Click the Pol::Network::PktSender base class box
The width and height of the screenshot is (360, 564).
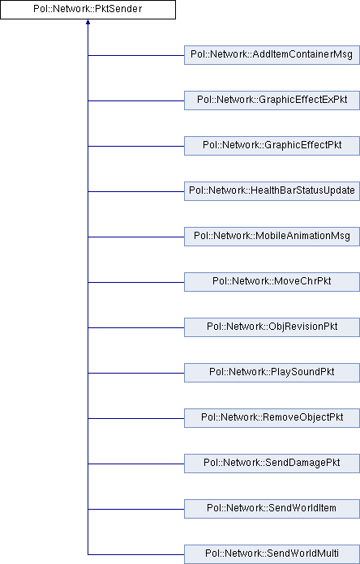click(x=88, y=10)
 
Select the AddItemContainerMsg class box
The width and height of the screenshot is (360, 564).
click(x=272, y=55)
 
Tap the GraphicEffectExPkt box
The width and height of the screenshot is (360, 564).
click(x=272, y=100)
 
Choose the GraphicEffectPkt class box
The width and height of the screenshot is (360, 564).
click(x=272, y=146)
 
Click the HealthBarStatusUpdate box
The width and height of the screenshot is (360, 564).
click(x=272, y=191)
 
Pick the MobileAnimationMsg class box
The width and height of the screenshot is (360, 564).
click(x=272, y=237)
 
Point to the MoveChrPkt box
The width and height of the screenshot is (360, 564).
click(x=272, y=282)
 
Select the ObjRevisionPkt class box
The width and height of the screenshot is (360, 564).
click(x=272, y=327)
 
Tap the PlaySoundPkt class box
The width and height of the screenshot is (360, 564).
click(x=272, y=372)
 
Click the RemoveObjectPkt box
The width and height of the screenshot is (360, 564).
click(x=272, y=417)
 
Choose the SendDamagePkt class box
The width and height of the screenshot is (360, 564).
click(x=272, y=463)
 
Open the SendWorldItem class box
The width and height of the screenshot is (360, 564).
click(x=272, y=508)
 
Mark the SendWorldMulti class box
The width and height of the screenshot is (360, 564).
click(x=272, y=554)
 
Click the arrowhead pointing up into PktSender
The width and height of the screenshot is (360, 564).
click(x=88, y=22)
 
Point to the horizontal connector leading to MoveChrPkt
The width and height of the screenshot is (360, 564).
click(x=136, y=282)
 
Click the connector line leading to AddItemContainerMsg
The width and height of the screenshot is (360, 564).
click(x=136, y=55)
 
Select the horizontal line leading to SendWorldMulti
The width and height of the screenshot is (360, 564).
click(x=136, y=554)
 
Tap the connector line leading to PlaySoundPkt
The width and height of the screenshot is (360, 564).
click(x=136, y=373)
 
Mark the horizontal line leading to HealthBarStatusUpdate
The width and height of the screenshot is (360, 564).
click(x=136, y=191)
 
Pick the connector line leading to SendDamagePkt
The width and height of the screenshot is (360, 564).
click(x=136, y=464)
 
